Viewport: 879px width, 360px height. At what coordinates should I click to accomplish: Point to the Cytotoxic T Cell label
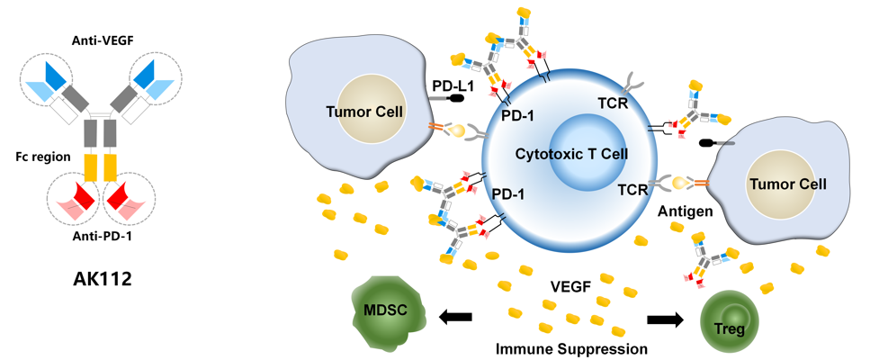coord(572,153)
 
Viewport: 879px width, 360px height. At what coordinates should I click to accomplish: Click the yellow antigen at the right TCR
coord(681,184)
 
